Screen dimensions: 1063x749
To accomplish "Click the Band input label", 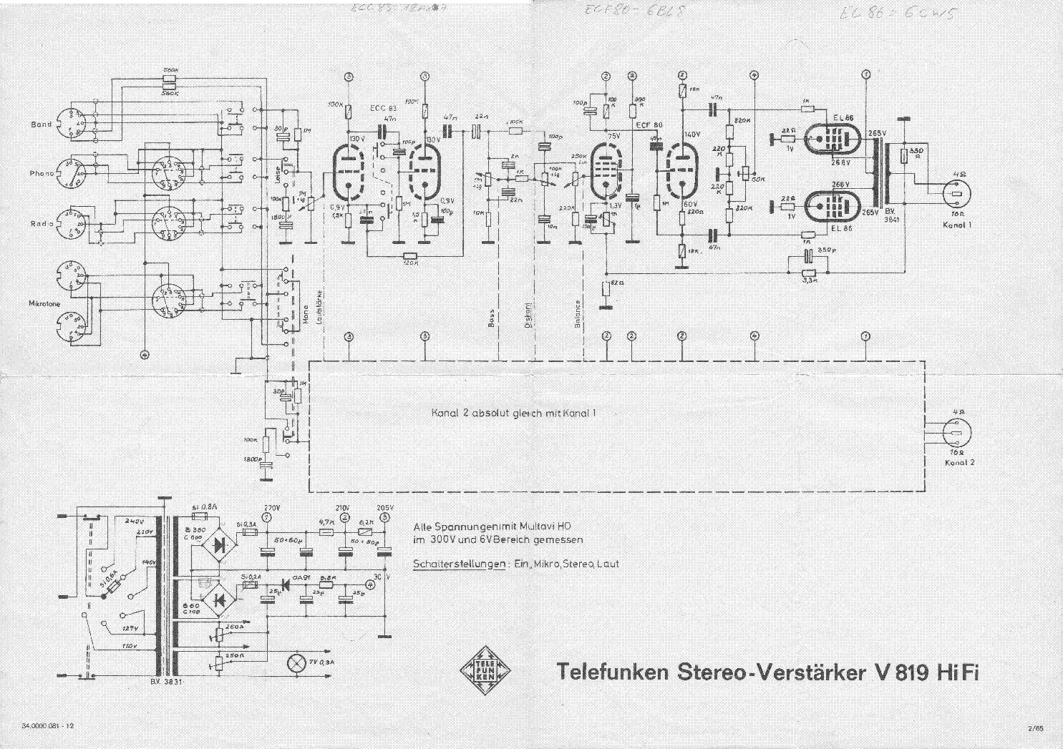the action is [x=41, y=124].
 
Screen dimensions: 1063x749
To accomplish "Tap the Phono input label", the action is [x=42, y=173].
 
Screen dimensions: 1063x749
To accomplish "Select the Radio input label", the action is [x=42, y=223].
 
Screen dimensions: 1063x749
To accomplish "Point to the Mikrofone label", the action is [x=44, y=304].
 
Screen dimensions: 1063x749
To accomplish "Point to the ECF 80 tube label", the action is [x=649, y=124].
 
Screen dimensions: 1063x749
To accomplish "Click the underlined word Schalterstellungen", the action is [x=459, y=564].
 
